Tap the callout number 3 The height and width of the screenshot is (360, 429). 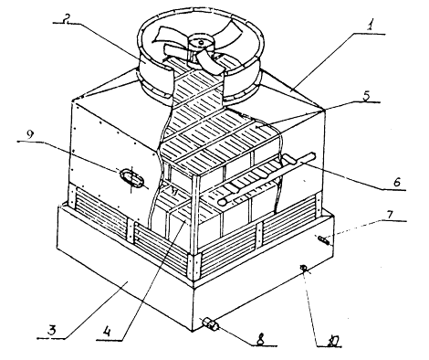[x=52, y=331]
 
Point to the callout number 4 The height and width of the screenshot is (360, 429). [x=108, y=331]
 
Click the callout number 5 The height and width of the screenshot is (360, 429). [x=366, y=95]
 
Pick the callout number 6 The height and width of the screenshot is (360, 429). [x=397, y=182]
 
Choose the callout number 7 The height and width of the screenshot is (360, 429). [x=390, y=215]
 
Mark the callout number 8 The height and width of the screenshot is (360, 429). [x=261, y=340]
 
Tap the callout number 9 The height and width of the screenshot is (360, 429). [x=29, y=135]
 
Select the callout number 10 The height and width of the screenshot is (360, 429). [x=331, y=341]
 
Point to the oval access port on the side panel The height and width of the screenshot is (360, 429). [x=131, y=178]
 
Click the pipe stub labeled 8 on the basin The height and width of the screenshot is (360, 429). [x=210, y=323]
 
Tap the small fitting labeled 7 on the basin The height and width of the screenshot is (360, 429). [x=324, y=240]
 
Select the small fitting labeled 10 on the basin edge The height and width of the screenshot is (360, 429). [x=304, y=269]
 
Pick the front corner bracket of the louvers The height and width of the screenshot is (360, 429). [x=194, y=268]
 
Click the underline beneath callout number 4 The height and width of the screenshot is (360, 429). [x=109, y=340]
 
